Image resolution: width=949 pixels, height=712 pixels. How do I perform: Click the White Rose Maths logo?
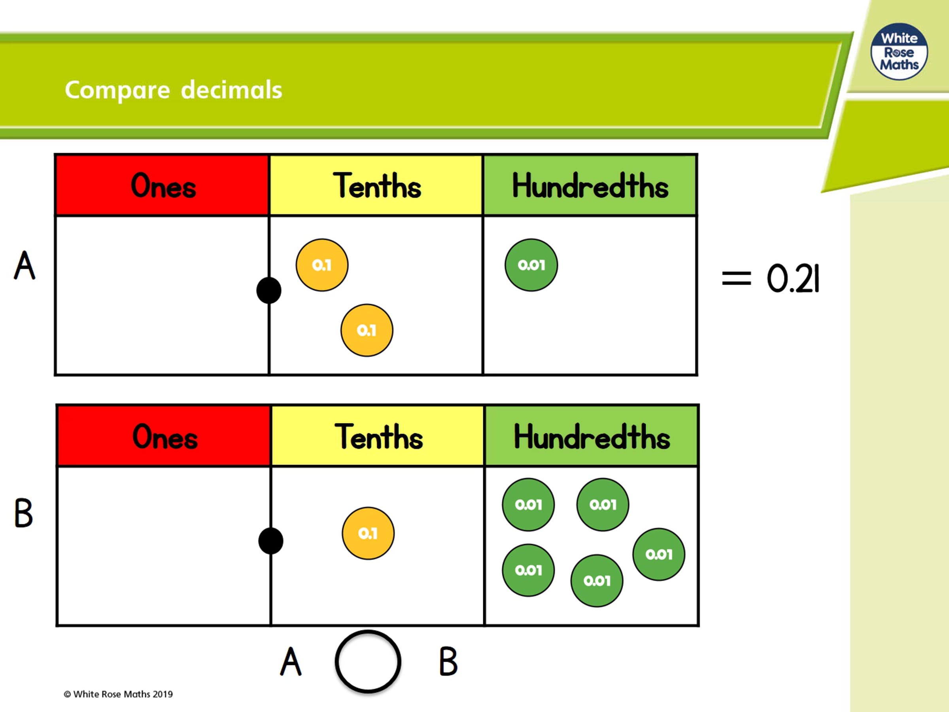[899, 51]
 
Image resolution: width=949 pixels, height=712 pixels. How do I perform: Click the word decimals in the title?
[232, 90]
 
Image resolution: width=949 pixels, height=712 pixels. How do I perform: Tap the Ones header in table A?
[163, 186]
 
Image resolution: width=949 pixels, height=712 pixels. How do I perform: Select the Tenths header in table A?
[377, 186]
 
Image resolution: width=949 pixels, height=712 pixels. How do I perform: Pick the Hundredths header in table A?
[590, 186]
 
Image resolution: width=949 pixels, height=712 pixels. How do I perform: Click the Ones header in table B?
[165, 436]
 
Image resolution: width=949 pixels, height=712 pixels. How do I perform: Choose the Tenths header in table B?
[378, 436]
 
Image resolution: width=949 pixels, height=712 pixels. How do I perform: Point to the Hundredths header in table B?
[592, 436]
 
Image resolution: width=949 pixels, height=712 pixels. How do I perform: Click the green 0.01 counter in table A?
[531, 265]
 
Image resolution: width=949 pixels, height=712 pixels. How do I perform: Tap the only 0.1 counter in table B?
[368, 533]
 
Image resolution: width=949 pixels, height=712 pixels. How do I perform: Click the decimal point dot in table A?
[269, 291]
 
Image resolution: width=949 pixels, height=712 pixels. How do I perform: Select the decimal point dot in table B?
[271, 541]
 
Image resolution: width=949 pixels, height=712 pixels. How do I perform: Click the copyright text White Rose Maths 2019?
[118, 694]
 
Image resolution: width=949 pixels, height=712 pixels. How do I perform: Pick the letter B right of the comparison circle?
[448, 661]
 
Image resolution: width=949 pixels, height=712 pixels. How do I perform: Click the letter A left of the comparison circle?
[291, 661]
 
